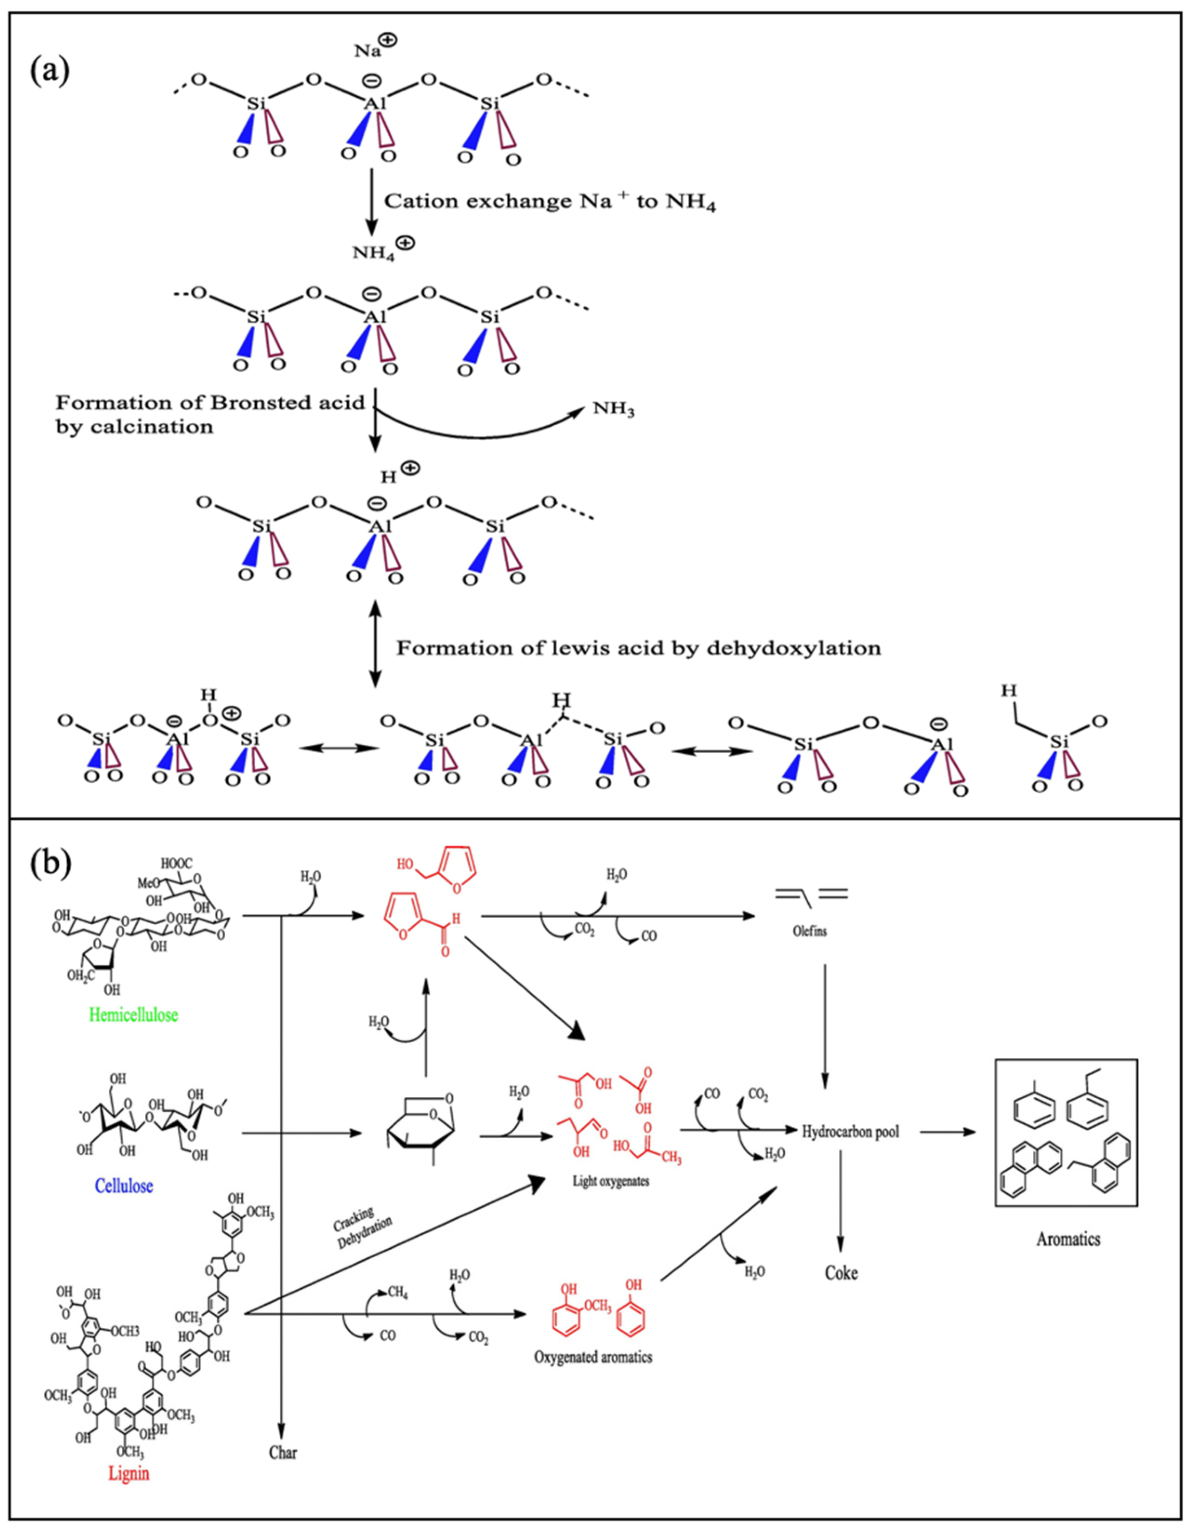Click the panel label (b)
50,864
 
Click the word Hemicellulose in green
133,1014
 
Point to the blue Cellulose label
123,1186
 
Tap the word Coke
841,1273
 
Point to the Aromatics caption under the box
1068,1239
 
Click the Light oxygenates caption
611,1181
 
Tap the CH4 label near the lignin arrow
397,1292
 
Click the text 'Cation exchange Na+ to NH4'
549,202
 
